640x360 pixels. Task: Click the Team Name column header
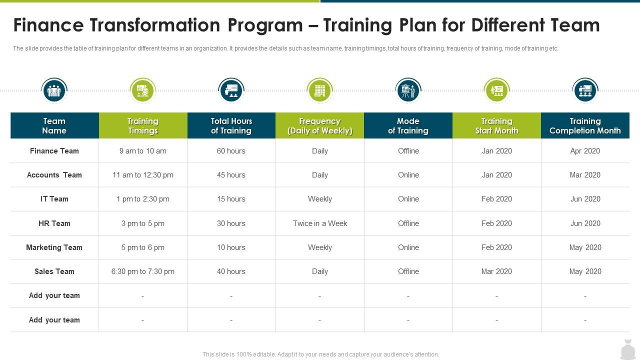54,125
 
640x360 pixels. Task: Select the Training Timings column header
142,125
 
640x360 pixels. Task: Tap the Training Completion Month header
585,125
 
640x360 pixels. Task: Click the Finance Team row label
54,150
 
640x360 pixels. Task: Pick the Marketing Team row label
54,247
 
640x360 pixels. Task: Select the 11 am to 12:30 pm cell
142,174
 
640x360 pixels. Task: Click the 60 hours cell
231,150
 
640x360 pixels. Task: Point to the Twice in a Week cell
319,223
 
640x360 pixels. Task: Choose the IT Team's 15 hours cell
231,198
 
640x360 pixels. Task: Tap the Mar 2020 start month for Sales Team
496,271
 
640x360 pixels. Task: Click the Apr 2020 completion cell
585,150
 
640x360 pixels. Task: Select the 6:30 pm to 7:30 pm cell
142,271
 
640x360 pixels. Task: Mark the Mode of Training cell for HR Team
408,223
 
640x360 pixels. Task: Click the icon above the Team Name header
54,90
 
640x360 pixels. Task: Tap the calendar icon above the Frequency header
319,90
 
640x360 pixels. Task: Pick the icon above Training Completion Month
585,90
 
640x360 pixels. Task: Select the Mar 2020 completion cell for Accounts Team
585,174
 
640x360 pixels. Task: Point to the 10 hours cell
231,247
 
